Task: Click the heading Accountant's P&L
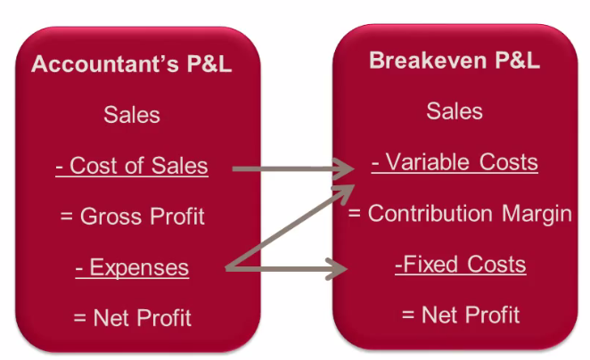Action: tap(131, 63)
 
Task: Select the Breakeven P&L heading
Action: tap(455, 60)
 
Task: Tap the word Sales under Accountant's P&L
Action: tap(132, 115)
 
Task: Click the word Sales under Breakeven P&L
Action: tap(455, 111)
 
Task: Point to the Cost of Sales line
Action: tap(132, 166)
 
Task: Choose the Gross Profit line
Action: tap(133, 217)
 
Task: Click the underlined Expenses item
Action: tap(132, 268)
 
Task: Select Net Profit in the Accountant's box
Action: tap(133, 318)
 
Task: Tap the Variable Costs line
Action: tap(455, 162)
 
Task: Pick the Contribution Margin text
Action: tap(460, 214)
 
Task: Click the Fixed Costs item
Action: tap(461, 264)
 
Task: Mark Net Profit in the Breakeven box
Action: tap(461, 315)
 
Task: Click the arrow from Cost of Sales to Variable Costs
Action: tap(293, 169)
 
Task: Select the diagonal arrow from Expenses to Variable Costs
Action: tap(290, 227)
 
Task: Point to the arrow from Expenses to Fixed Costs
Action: tap(286, 268)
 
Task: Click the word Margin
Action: tap(537, 214)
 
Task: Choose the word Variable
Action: tap(428, 162)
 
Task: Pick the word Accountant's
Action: tap(105, 63)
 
